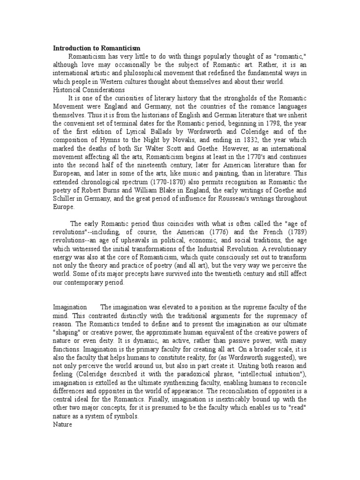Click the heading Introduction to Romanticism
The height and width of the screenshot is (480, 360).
click(x=97, y=48)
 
